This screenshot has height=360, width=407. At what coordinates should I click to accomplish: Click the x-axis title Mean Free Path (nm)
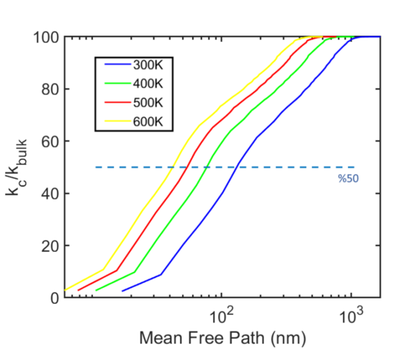tap(222, 337)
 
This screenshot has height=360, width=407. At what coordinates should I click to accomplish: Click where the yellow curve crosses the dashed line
tap(174, 167)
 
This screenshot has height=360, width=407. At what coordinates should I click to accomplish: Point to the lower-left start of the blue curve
tap(123, 290)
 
